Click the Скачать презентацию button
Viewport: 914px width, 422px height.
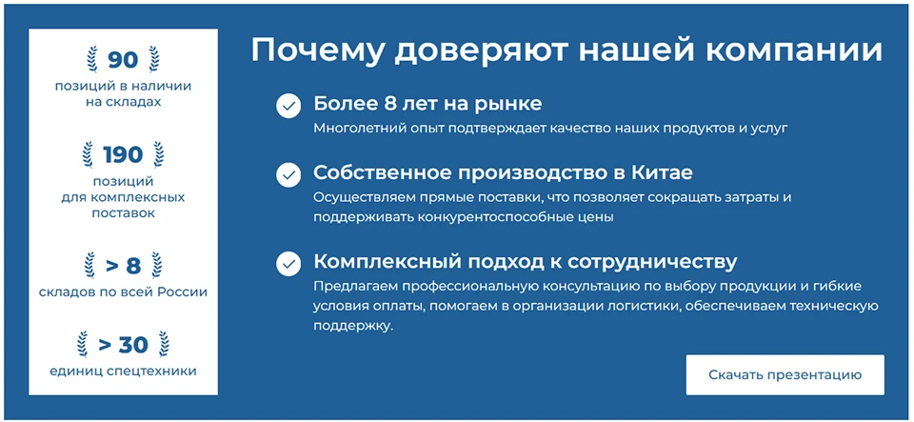pyautogui.click(x=785, y=374)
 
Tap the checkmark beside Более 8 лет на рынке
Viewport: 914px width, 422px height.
pyautogui.click(x=288, y=105)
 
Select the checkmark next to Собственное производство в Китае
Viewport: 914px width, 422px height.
pyautogui.click(x=288, y=174)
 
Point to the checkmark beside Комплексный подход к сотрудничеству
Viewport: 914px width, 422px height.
pyautogui.click(x=288, y=263)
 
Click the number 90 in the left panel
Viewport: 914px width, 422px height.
pyautogui.click(x=123, y=60)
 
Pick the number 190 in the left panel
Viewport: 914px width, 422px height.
pyautogui.click(x=123, y=154)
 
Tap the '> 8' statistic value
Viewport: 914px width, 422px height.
pyautogui.click(x=123, y=264)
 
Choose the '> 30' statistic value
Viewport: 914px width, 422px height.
pyautogui.click(x=123, y=344)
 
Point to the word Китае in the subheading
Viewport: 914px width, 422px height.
pyautogui.click(x=660, y=173)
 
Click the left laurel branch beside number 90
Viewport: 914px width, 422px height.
pyautogui.click(x=91, y=59)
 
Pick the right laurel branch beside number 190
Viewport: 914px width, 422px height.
pyautogui.click(x=158, y=153)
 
